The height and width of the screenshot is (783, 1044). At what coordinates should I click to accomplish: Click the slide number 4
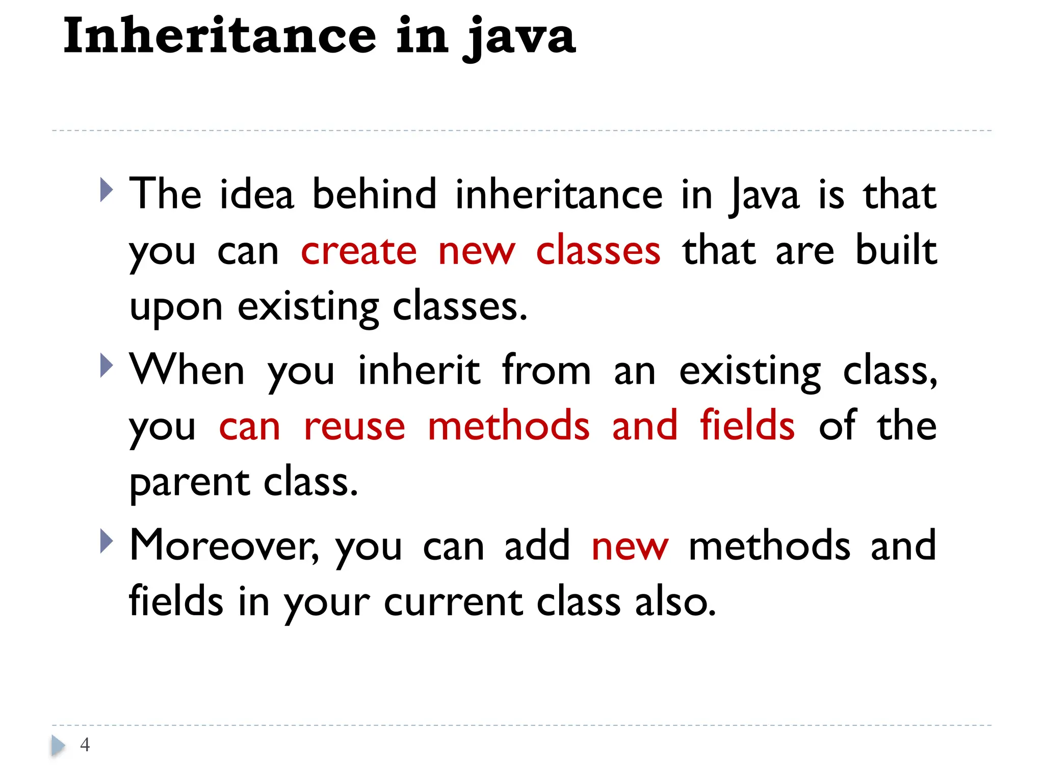[85, 745]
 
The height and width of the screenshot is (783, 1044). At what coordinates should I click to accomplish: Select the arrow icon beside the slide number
[58, 746]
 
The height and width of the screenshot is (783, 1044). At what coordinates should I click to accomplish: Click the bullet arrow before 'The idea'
[106, 190]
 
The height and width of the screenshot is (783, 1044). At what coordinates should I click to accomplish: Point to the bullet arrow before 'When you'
[106, 366]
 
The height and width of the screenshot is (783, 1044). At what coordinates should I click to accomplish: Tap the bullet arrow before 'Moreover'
[106, 541]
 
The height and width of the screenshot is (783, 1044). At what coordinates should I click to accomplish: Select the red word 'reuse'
[354, 426]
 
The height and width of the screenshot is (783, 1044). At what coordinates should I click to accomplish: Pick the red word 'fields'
[747, 425]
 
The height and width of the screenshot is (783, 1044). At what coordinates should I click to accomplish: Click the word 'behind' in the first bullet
[375, 194]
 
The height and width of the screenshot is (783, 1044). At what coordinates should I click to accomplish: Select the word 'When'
[187, 370]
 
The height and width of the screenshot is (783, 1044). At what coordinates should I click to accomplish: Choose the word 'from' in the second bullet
[546, 370]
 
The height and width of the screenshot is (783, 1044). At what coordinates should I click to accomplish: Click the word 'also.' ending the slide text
[675, 602]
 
